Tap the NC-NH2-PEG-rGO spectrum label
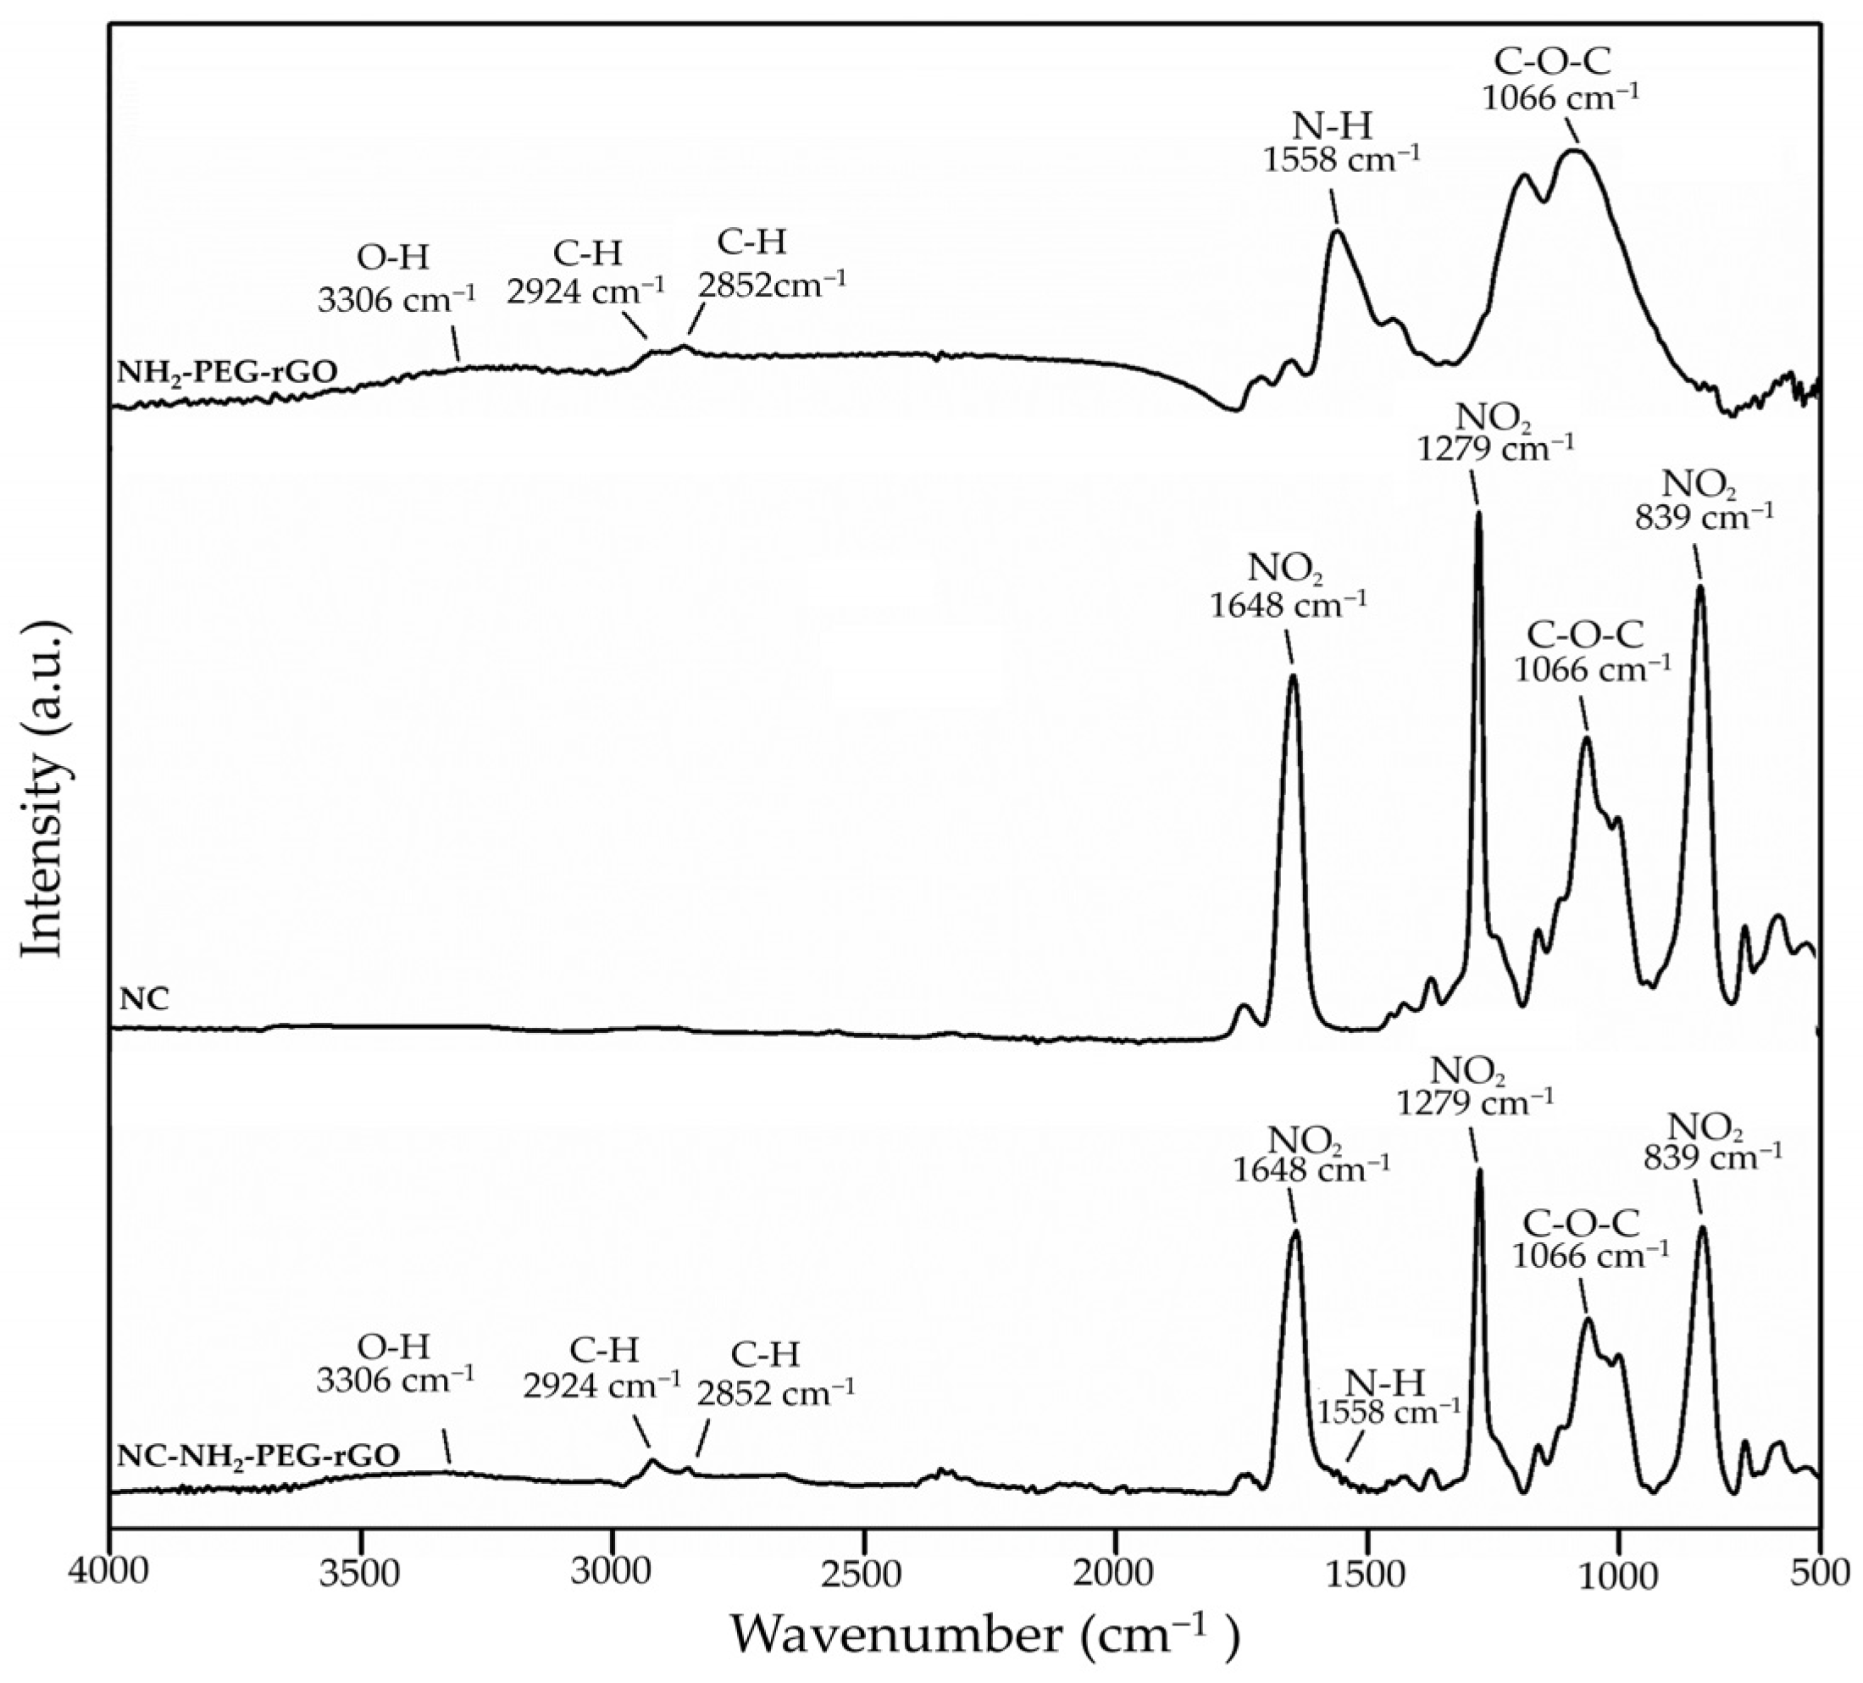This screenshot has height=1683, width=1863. click(x=258, y=1456)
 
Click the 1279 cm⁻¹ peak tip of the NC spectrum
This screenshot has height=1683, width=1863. click(x=1478, y=514)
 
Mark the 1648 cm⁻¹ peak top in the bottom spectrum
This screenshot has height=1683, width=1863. click(x=1295, y=1232)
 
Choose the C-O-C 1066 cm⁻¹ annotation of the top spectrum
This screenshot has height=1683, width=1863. click(x=1561, y=79)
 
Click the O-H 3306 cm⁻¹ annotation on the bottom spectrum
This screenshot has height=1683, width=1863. click(x=396, y=1364)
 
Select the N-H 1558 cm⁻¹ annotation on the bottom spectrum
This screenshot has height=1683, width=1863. click(x=1388, y=1397)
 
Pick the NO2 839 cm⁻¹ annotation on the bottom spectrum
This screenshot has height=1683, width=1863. click(x=1712, y=1141)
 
